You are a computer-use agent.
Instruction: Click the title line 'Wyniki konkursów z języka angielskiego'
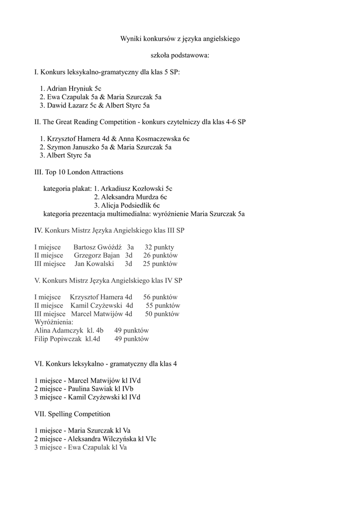click(180, 39)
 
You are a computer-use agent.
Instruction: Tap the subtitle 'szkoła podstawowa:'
click(180, 55)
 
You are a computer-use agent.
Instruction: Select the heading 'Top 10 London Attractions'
click(84, 172)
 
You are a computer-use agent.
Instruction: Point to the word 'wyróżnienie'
click(169, 214)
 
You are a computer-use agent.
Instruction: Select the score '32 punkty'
click(160, 247)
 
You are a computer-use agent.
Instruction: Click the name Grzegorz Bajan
click(97, 255)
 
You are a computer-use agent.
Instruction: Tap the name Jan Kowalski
click(94, 264)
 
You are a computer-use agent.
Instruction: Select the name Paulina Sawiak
click(89, 389)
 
